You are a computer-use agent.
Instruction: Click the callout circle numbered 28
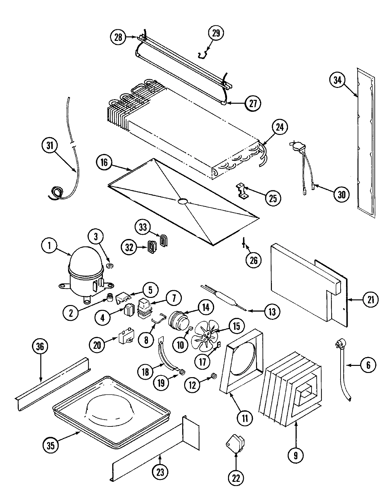click(x=118, y=37)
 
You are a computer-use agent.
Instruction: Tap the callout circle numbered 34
click(x=337, y=80)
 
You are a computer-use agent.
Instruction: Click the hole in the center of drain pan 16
click(x=182, y=201)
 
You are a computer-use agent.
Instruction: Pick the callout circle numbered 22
click(x=236, y=478)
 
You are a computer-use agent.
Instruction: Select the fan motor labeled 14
click(x=178, y=321)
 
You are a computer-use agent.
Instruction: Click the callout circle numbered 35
click(x=51, y=445)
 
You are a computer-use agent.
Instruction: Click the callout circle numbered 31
click(x=49, y=146)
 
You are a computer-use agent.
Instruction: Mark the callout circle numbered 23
click(x=160, y=472)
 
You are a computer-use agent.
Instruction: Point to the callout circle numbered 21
click(x=371, y=300)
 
